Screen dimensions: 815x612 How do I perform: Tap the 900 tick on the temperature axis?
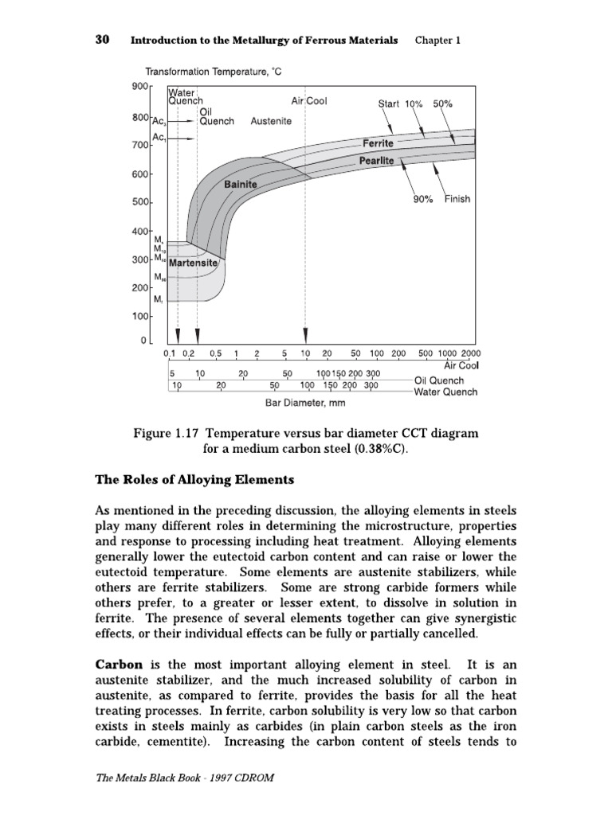(x=139, y=87)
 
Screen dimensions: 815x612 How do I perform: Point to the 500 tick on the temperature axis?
(x=139, y=202)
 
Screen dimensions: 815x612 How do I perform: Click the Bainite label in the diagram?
(x=241, y=184)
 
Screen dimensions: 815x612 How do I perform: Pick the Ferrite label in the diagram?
(x=378, y=143)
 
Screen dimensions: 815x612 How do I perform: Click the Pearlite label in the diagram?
(x=376, y=161)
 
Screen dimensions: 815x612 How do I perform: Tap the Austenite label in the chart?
(x=271, y=121)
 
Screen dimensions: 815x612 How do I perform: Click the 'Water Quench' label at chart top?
(x=186, y=96)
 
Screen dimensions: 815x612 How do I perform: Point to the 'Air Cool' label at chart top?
(x=309, y=101)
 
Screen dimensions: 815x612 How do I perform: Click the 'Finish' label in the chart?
(x=457, y=199)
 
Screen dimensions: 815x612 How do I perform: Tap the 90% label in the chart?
(x=423, y=199)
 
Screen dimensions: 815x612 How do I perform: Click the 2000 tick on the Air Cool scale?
(x=471, y=353)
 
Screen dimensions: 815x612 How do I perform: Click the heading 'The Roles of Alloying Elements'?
(x=195, y=480)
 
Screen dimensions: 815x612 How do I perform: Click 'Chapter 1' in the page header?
(x=437, y=40)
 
